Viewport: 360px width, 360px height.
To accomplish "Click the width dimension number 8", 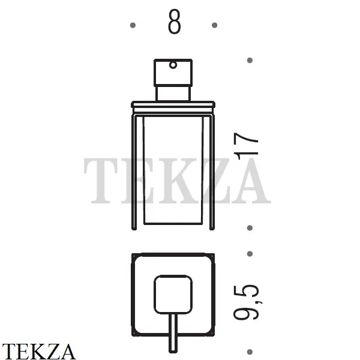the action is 174,22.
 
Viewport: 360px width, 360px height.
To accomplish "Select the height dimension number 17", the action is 246,146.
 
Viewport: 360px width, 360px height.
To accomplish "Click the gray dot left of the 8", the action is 133,25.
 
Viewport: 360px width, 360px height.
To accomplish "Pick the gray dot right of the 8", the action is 214,25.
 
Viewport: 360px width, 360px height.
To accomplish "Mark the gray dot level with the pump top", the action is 250,61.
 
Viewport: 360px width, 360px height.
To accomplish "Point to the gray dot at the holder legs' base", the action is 250,228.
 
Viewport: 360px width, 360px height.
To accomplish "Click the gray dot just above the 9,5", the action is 250,254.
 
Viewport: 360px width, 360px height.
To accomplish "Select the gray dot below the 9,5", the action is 250,352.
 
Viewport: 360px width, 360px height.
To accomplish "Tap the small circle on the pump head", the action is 173,65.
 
